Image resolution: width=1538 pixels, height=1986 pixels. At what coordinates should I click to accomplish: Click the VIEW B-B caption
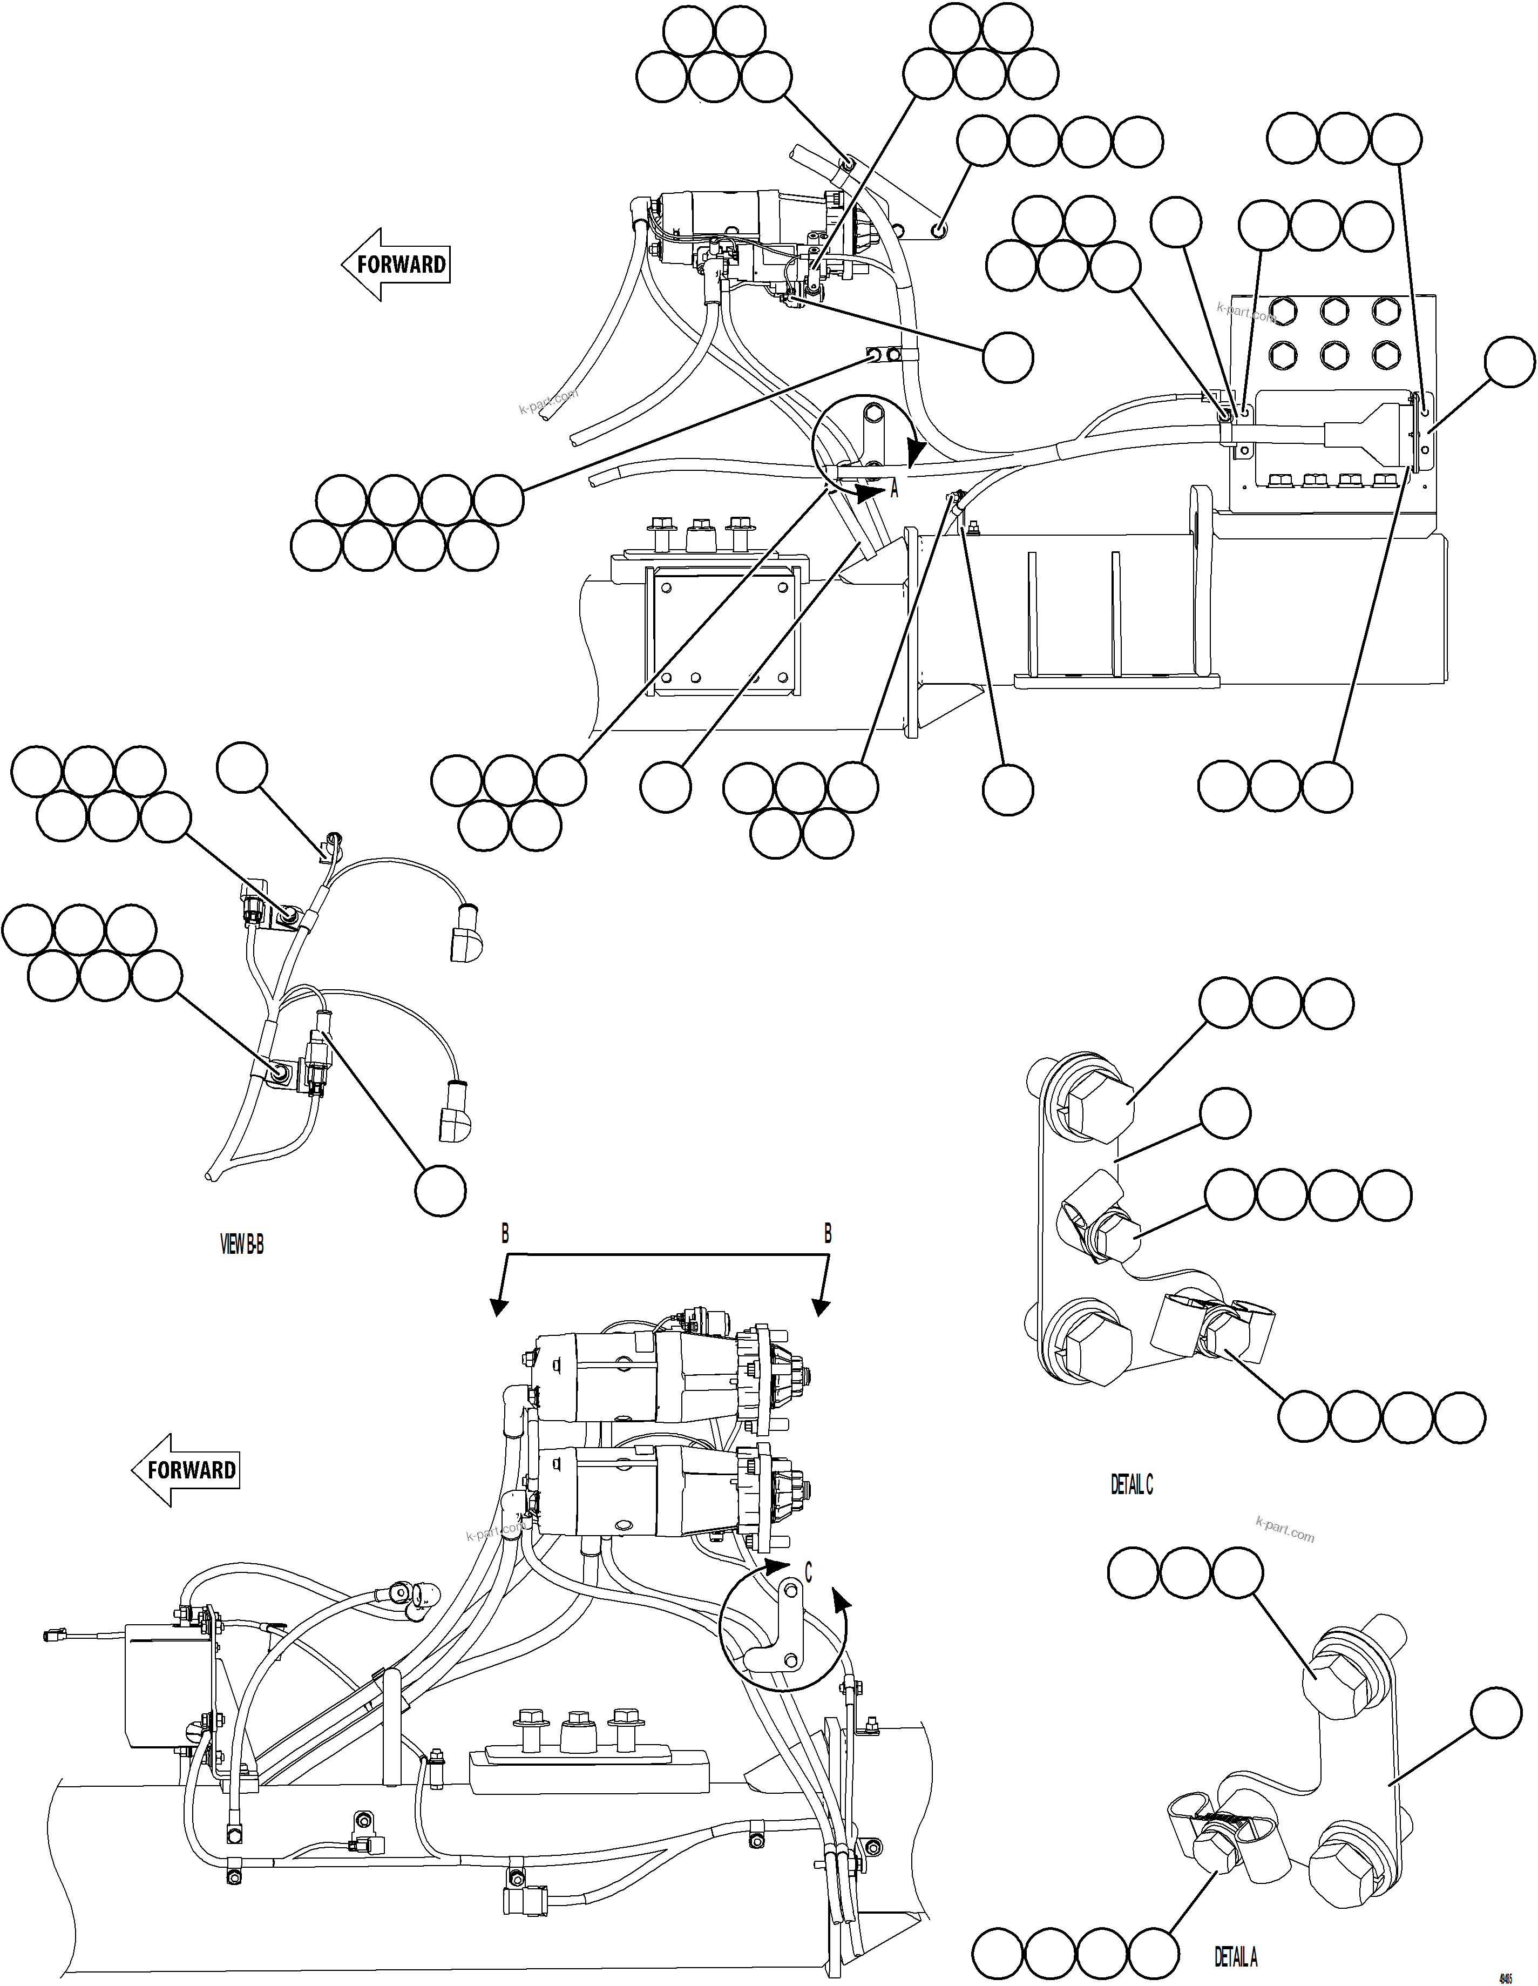[x=242, y=1245]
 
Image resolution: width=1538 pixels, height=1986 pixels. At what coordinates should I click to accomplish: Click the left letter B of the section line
[x=505, y=1234]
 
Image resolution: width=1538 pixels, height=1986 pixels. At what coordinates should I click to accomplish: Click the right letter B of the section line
[x=827, y=1234]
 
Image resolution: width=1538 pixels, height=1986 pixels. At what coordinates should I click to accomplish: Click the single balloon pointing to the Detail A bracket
[x=1495, y=1713]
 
